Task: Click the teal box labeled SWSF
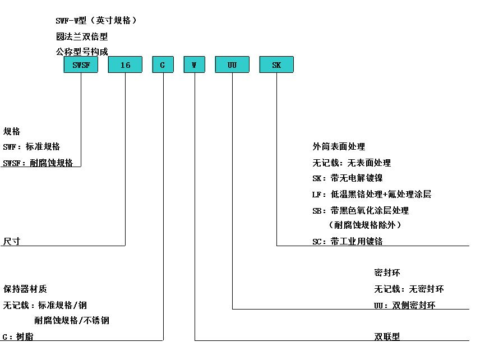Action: coord(81,64)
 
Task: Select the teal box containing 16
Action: coord(125,64)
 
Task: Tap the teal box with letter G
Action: coord(163,64)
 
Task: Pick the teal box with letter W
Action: coord(195,64)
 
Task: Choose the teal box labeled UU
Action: coord(232,64)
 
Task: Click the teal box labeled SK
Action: coord(276,64)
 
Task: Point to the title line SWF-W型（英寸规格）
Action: coord(96,21)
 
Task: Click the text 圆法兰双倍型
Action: coord(82,36)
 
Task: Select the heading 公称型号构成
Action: coord(82,52)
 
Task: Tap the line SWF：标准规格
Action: coord(31,146)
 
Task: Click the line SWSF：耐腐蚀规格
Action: coord(38,163)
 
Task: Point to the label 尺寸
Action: coord(12,241)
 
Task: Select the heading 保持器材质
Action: coord(25,288)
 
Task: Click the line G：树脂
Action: coord(18,336)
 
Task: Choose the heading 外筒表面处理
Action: coord(339,146)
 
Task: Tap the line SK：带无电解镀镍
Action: coord(348,178)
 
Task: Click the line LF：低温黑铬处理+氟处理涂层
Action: coord(372,194)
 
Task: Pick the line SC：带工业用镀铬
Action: coord(348,241)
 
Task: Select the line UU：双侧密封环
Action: coord(405,305)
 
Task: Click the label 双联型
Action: coord(387,336)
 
